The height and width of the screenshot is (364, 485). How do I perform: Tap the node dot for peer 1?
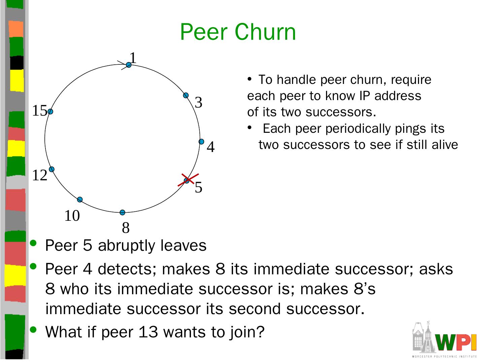coord(129,65)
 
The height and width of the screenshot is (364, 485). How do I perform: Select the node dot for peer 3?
coord(186,95)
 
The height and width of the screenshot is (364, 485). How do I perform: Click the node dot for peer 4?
coord(201,142)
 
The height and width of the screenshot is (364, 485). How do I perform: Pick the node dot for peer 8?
coord(123,212)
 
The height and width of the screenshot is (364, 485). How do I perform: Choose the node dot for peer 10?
coord(80,200)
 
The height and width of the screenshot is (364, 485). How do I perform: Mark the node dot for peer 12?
coord(52,169)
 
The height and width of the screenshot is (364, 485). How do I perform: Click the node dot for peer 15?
coord(50,112)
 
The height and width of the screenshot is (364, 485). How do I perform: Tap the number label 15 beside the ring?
coord(39,111)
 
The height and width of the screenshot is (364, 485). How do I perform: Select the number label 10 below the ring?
coord(72,216)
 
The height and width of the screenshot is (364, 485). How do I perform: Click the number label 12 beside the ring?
coord(39,176)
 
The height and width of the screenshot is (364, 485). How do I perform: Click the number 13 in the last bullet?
coord(148,332)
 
